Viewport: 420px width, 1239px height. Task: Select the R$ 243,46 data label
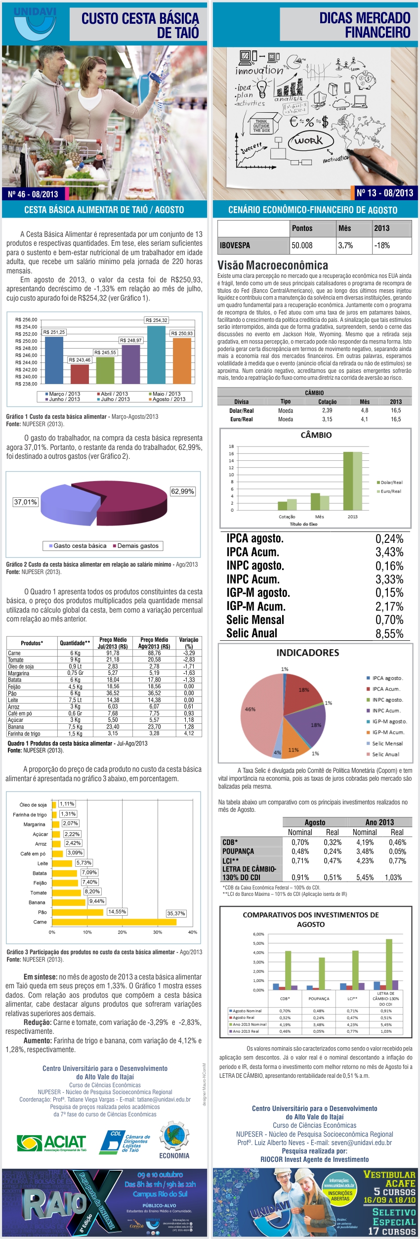(80, 360)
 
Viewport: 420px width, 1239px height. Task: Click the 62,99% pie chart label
(182, 491)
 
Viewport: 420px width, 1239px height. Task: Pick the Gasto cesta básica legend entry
(77, 546)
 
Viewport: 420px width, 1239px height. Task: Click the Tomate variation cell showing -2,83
(189, 660)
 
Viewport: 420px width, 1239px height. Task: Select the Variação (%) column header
(189, 643)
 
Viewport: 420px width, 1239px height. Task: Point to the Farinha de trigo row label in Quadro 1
(24, 733)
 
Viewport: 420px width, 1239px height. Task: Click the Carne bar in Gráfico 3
(114, 922)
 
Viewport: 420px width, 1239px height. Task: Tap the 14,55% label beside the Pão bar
(117, 911)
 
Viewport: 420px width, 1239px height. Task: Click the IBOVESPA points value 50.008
(302, 245)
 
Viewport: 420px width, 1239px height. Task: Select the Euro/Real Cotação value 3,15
(327, 419)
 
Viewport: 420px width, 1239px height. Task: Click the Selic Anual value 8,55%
(389, 633)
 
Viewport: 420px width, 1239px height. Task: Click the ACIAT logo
(51, 1142)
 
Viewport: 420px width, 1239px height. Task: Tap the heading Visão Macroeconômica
(273, 265)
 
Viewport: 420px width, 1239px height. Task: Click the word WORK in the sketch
(308, 140)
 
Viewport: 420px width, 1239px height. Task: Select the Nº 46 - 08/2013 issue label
(33, 194)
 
